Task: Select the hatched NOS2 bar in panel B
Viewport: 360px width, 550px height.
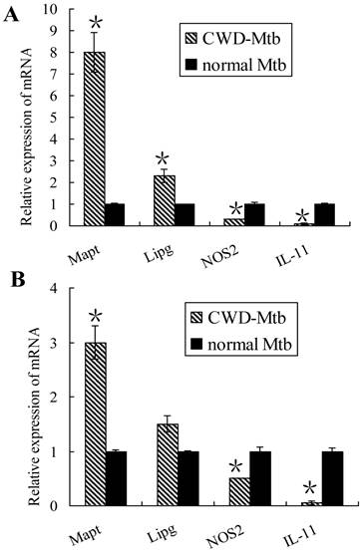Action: point(237,491)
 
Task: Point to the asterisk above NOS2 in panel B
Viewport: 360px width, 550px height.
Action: point(237,465)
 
